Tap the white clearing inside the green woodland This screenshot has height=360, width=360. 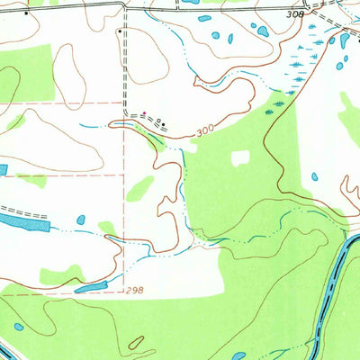[x=239, y=157]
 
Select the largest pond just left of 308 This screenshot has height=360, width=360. [x=262, y=31]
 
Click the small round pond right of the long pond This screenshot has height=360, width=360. [x=81, y=219]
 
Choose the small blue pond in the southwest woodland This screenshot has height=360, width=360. [x=18, y=327]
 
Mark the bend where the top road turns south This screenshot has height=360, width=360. [x=123, y=7]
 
